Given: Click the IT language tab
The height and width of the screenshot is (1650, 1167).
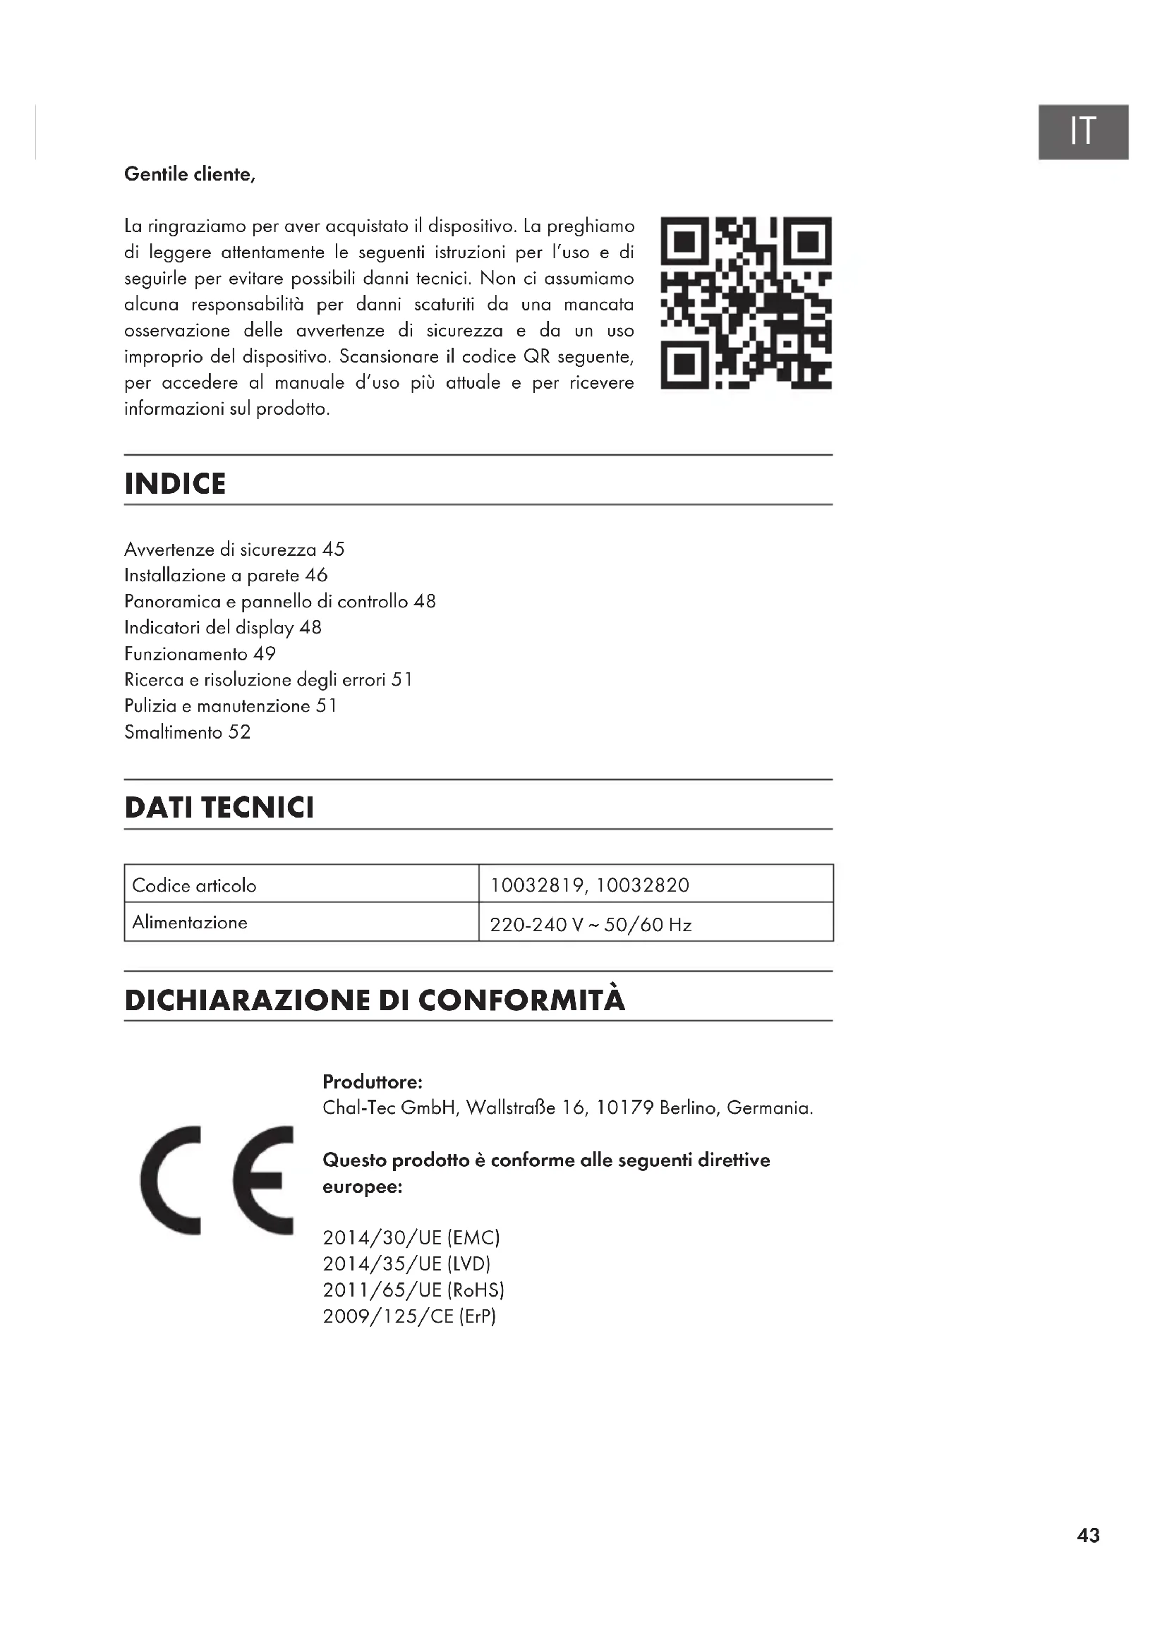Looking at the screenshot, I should tap(1082, 131).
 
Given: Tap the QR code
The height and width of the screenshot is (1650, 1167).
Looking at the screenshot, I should tap(746, 303).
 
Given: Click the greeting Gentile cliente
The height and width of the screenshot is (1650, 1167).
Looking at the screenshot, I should tap(190, 175).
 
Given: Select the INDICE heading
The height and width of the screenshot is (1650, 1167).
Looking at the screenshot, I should tap(176, 484).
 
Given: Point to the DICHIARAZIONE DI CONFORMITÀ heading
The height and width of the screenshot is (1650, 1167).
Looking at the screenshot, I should tap(375, 1000).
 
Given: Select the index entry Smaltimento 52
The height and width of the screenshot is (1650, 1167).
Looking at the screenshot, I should tap(188, 732).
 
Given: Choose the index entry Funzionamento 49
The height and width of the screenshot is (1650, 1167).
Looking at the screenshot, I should tap(200, 654).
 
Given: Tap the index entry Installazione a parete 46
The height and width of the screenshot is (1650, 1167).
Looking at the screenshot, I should tap(226, 576).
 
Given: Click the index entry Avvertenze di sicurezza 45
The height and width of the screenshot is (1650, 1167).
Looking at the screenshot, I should tap(234, 550).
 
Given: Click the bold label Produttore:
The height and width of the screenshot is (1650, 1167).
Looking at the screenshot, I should tap(373, 1081).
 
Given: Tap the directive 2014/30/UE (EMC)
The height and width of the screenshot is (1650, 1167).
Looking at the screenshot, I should tap(411, 1237).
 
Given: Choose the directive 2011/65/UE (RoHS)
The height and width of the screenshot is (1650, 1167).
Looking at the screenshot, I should tap(413, 1290).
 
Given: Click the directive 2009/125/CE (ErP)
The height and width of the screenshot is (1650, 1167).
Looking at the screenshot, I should tap(410, 1316).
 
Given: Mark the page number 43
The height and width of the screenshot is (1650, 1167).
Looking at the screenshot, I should tap(1088, 1536).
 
